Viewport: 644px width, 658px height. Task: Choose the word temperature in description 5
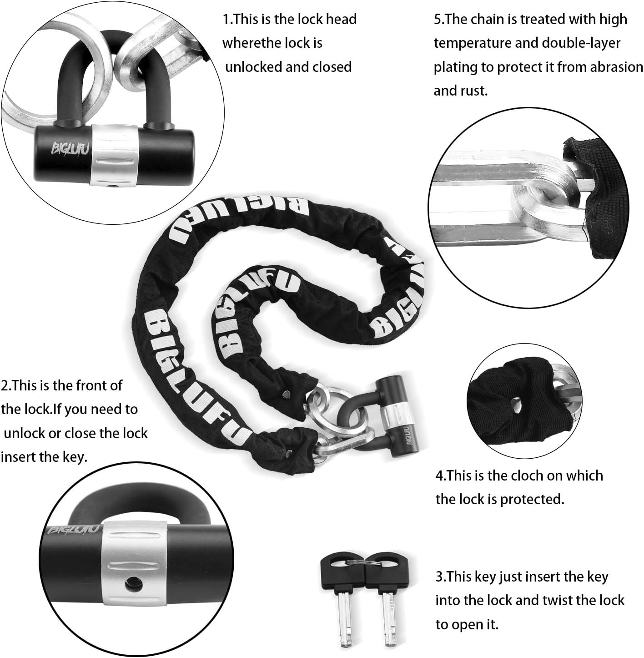click(473, 43)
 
